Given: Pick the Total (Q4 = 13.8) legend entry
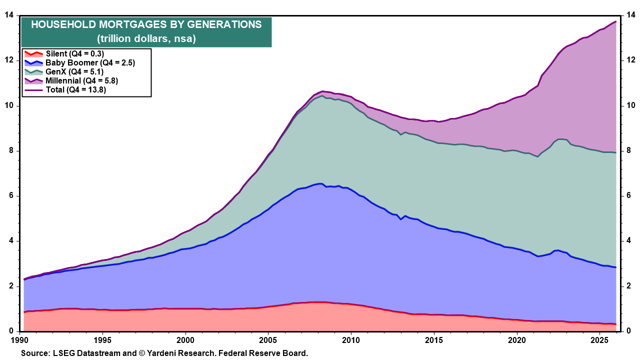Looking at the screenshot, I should [x=75, y=89].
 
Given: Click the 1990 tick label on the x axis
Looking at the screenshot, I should [x=20, y=340].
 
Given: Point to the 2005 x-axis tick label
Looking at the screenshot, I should [x=268, y=340].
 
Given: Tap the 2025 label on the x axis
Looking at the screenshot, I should [x=599, y=340].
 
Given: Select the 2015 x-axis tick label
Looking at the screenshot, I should [x=433, y=340].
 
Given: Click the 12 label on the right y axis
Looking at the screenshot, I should [x=631, y=60].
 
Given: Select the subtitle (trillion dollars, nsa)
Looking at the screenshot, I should [x=146, y=38].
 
